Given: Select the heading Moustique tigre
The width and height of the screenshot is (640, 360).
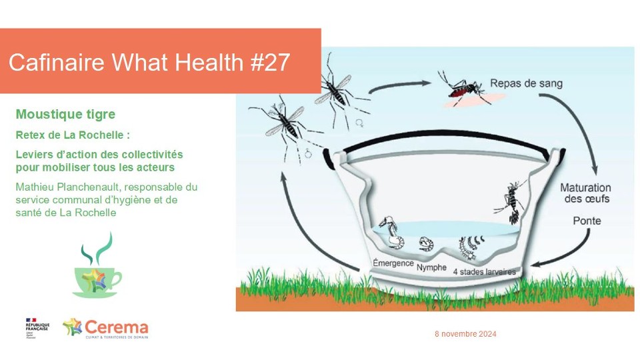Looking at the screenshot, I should [65, 115].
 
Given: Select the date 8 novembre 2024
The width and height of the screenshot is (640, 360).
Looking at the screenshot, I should [465, 334].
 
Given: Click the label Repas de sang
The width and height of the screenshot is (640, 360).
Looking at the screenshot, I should [526, 83].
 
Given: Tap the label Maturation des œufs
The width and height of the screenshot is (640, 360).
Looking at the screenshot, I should [584, 193].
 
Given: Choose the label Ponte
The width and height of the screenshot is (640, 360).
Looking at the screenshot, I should [587, 221].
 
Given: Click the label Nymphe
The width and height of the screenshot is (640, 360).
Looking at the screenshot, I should [431, 267].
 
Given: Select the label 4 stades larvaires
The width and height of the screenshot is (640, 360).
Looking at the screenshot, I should [483, 271].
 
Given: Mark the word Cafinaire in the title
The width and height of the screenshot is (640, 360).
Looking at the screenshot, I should [57, 63].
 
